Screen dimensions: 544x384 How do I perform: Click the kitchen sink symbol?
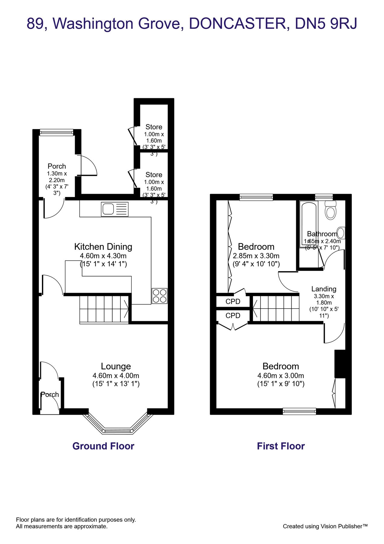click(114, 209)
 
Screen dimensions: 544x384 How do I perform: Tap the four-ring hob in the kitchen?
click(159, 296)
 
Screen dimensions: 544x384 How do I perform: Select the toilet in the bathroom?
click(330, 211)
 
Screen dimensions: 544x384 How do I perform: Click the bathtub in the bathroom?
click(309, 224)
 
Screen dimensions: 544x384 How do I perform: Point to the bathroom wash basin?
click(341, 233)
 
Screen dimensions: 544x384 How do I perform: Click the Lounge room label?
click(116, 366)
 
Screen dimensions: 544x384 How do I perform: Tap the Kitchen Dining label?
click(103, 247)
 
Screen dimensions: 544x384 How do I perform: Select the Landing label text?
click(324, 289)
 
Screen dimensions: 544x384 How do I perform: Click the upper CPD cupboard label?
click(233, 301)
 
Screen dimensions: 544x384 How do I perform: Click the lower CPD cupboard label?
click(233, 316)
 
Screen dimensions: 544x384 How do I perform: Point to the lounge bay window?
click(118, 430)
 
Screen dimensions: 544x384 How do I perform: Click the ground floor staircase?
click(104, 309)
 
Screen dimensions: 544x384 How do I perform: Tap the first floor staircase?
click(276, 308)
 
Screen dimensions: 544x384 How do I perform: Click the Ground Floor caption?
click(103, 446)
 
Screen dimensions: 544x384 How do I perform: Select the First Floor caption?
click(281, 446)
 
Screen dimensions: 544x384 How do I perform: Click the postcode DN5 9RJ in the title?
click(326, 24)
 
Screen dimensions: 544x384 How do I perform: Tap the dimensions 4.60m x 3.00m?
click(280, 376)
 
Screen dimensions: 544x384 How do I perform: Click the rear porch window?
click(56, 132)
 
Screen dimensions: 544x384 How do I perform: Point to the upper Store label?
click(154, 127)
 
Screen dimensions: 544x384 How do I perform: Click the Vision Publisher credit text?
click(325, 526)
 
